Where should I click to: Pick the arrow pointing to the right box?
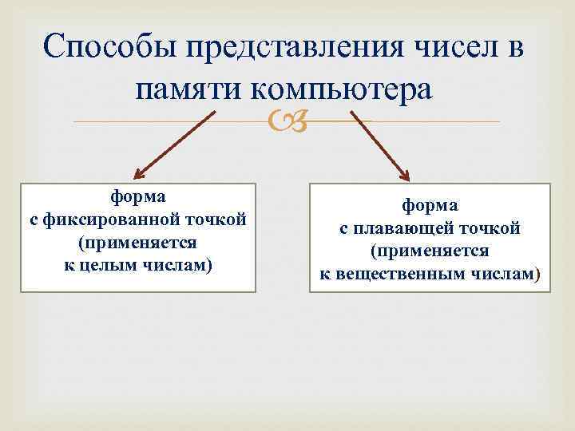379,144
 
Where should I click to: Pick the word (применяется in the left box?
138,241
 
